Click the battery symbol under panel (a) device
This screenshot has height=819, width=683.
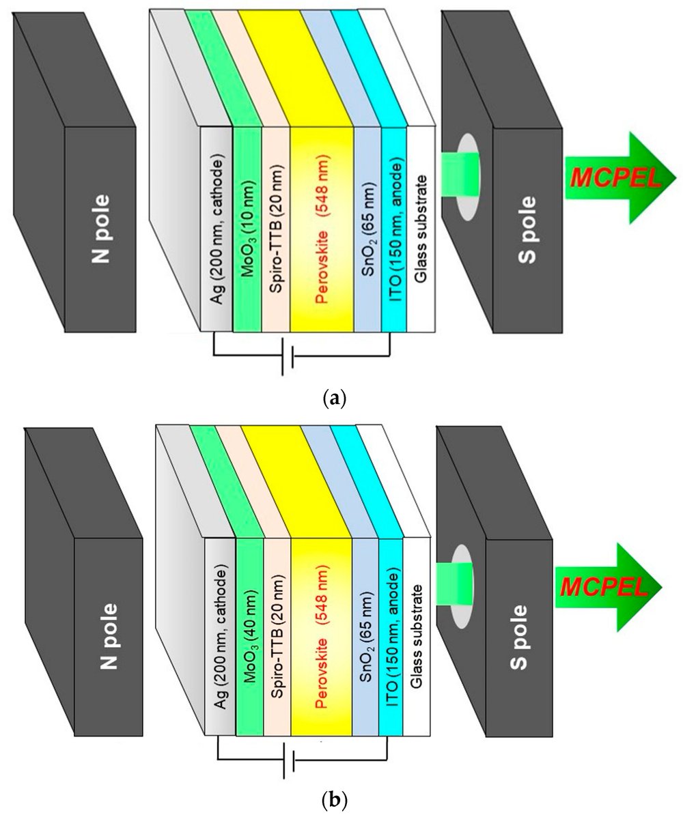click(288, 357)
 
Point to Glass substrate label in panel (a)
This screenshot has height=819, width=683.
click(421, 230)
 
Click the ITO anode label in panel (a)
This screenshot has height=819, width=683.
click(394, 230)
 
